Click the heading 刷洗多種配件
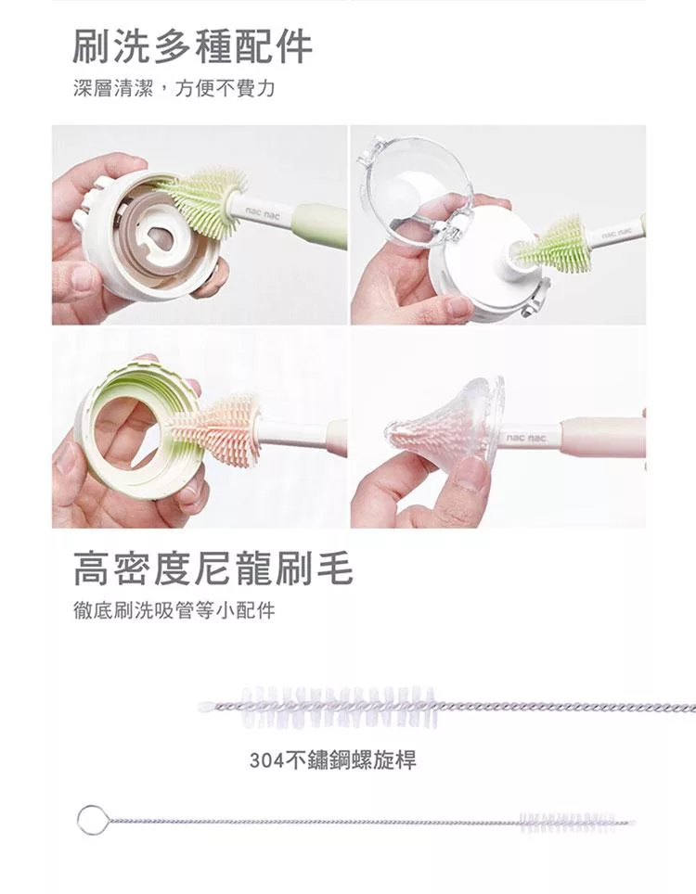[193, 46]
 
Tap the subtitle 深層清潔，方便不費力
[174, 88]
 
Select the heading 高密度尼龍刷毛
[213, 568]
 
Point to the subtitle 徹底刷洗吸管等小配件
[174, 610]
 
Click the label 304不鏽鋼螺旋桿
[332, 760]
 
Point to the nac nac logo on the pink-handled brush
[526, 438]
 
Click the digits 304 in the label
[265, 760]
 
